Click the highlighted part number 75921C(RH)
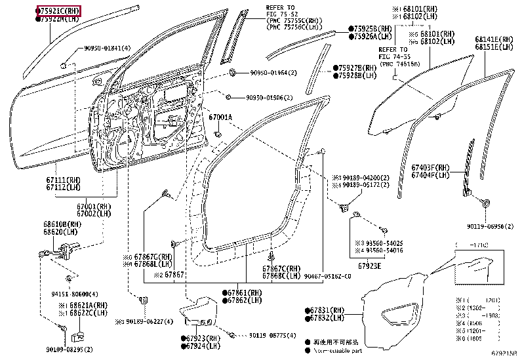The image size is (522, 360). tap(60, 11)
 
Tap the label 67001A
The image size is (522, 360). tap(220, 117)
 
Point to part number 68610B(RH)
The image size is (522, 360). tap(58, 225)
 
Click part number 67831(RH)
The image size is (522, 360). tap(327, 310)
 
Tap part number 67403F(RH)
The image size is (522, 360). tap(430, 168)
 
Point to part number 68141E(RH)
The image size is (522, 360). tap(495, 40)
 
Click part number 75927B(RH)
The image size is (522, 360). tap(357, 68)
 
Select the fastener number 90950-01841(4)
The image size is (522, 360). tap(108, 49)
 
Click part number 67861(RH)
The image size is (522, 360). tap(242, 292)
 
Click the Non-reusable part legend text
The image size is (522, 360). tap(340, 351)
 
